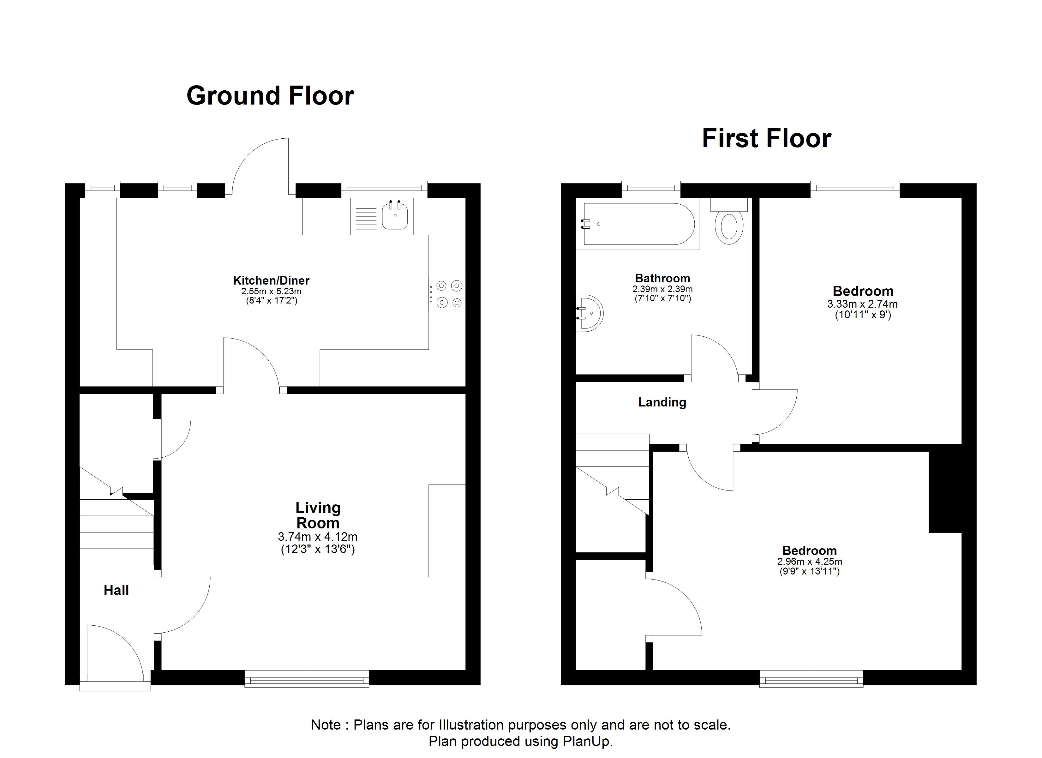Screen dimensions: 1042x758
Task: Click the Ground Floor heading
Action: (270, 96)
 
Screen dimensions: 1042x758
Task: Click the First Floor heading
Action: (766, 138)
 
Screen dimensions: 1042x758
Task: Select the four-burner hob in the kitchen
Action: (447, 294)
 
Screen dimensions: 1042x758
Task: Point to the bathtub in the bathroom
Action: (638, 224)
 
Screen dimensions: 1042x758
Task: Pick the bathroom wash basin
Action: (590, 313)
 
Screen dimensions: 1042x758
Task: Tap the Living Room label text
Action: (318, 515)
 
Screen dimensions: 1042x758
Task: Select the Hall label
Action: (116, 590)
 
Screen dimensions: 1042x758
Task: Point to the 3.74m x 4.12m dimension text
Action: (318, 536)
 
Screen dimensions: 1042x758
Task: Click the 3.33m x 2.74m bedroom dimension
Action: (862, 304)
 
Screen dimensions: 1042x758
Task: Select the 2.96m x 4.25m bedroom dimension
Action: (810, 561)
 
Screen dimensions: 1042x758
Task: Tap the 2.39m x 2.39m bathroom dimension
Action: (662, 289)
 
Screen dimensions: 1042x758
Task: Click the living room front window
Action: (307, 678)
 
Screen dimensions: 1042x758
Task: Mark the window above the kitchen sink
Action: (384, 189)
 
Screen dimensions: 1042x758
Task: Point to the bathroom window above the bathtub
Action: (651, 189)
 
